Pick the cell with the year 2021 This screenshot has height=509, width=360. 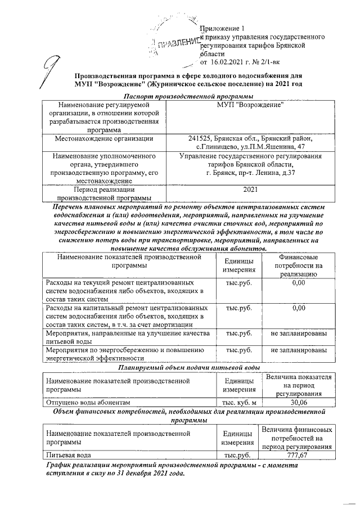click(x=250, y=190)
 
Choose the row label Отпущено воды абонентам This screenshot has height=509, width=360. click(x=88, y=402)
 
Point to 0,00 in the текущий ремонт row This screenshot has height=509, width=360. click(x=299, y=282)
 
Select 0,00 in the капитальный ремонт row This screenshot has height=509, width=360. click(x=299, y=308)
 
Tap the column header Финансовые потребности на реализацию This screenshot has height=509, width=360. click(x=299, y=265)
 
